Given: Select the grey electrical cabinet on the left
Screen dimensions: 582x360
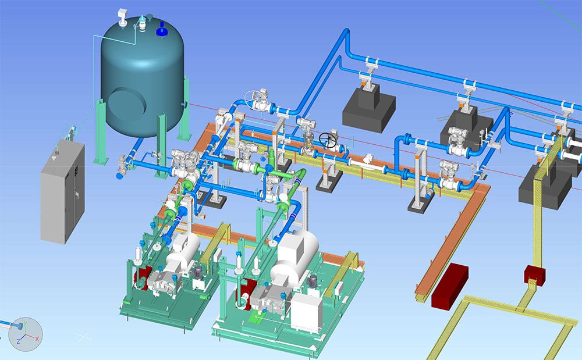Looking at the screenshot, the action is tap(62, 191).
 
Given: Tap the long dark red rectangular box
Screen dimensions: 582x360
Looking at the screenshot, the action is tap(449, 286).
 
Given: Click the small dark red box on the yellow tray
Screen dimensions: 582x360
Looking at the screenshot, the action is tap(534, 275).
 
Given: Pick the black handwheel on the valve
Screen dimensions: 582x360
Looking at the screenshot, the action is tap(328, 140).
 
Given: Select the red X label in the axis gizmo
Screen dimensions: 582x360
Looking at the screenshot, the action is tap(37, 339).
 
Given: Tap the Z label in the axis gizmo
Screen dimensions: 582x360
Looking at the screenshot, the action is tap(19, 341).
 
